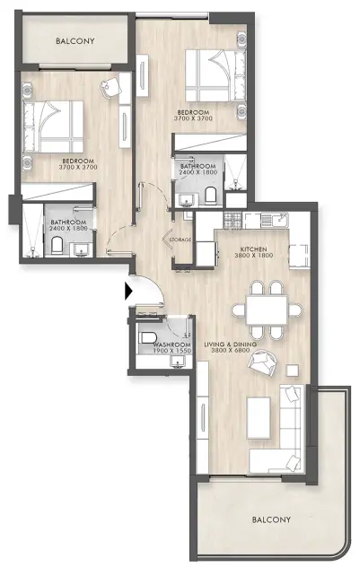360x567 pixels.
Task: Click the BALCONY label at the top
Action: (75, 41)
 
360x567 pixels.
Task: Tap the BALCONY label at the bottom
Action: (270, 520)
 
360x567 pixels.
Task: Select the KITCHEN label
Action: (255, 248)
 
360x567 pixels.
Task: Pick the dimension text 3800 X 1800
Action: (255, 256)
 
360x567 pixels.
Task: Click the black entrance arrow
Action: (129, 291)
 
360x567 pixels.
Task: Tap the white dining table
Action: (268, 308)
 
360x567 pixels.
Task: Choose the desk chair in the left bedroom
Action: (110, 85)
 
